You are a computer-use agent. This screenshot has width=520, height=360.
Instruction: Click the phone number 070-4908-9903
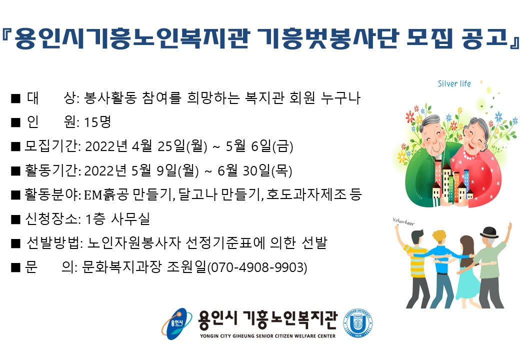257,267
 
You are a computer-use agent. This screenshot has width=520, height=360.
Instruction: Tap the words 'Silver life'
454,83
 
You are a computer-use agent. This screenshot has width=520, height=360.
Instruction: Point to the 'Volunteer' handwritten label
403,221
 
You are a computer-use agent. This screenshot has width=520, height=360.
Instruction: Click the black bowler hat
489,232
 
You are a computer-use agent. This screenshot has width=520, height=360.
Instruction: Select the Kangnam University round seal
357,323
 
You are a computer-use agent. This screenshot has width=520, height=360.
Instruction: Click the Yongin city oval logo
177,324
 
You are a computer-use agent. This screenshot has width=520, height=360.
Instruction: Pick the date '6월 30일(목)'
254,170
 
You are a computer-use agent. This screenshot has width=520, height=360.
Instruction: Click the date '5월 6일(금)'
259,146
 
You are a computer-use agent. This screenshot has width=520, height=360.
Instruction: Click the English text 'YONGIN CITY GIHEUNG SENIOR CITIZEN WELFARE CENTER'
267,336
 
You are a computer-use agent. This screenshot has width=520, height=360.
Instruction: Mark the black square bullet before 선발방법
15,243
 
